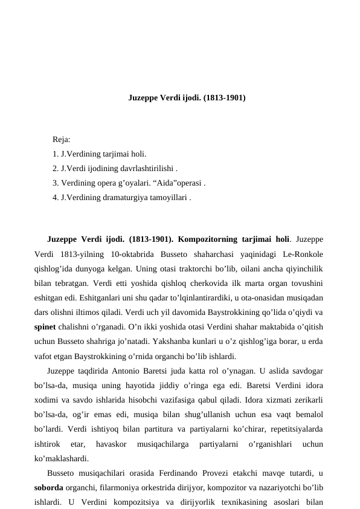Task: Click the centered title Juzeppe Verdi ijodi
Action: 187,97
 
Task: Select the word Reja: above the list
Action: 62,140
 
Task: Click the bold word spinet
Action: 47,326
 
